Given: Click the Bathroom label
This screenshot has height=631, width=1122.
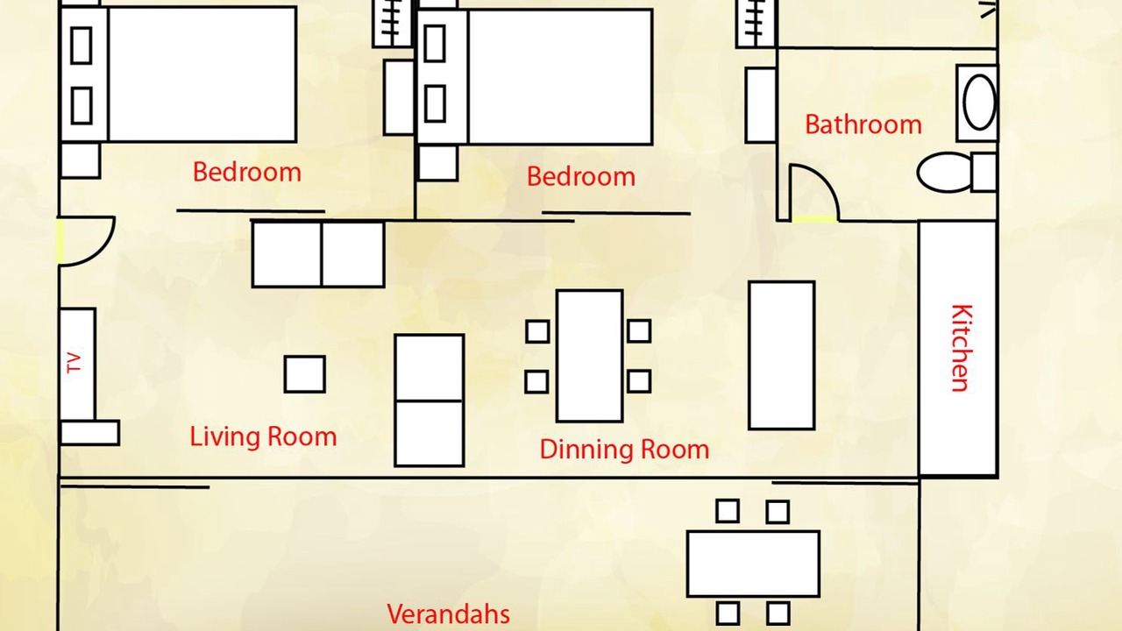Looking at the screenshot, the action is [x=863, y=124].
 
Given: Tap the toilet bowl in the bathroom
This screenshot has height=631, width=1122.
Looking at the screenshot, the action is [x=945, y=173].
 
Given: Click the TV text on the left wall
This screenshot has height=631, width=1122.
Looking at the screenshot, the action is [x=74, y=363].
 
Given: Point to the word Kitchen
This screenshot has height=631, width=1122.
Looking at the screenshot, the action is [x=962, y=348].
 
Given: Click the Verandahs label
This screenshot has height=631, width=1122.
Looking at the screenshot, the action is [x=448, y=614].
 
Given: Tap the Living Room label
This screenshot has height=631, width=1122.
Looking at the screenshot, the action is [x=263, y=436].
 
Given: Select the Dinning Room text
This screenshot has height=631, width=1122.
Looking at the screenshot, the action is [x=624, y=450].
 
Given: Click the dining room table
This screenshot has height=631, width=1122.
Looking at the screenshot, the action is [x=590, y=356].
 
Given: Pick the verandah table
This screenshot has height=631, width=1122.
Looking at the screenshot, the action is [x=753, y=564].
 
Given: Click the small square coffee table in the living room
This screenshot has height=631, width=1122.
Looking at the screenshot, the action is [x=304, y=374].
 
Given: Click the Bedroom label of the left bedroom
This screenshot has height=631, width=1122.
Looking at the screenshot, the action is [x=247, y=173].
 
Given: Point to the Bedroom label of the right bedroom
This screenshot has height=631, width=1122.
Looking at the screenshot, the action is [x=581, y=177].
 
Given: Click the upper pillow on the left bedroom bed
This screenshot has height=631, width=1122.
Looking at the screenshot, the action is [x=82, y=46].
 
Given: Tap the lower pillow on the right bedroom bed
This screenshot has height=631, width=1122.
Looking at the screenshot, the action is [x=436, y=103].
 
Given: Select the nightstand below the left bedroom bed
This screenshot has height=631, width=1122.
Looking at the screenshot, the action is [x=80, y=160].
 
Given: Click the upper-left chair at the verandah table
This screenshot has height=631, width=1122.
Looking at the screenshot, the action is [x=728, y=511].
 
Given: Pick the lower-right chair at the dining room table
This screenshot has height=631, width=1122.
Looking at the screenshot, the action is [x=639, y=381].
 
